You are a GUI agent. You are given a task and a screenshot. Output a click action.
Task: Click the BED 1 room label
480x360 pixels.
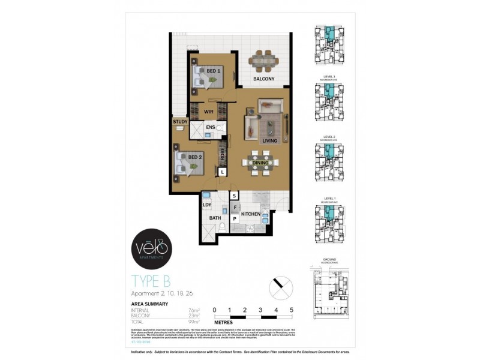(x=212, y=71)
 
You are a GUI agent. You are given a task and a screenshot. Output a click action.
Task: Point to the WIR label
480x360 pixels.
(x=209, y=112)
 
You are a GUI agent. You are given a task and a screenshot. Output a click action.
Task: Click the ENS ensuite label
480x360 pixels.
(x=211, y=127)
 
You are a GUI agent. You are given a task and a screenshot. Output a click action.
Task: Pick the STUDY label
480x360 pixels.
(x=180, y=122)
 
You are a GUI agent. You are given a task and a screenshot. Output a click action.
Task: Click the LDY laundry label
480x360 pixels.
(x=207, y=205)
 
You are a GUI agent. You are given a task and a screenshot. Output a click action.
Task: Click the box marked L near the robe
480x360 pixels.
(x=223, y=172)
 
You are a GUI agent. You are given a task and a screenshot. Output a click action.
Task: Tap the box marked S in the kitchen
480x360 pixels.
(x=235, y=196)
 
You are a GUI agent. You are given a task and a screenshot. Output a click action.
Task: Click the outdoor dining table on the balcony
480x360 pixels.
(x=263, y=60)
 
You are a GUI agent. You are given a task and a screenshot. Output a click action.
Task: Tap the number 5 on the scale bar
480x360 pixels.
(x=292, y=310)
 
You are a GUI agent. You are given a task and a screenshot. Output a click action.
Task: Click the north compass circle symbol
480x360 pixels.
(x=280, y=286)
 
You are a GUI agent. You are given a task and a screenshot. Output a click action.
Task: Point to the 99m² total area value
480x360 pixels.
(x=193, y=323)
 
